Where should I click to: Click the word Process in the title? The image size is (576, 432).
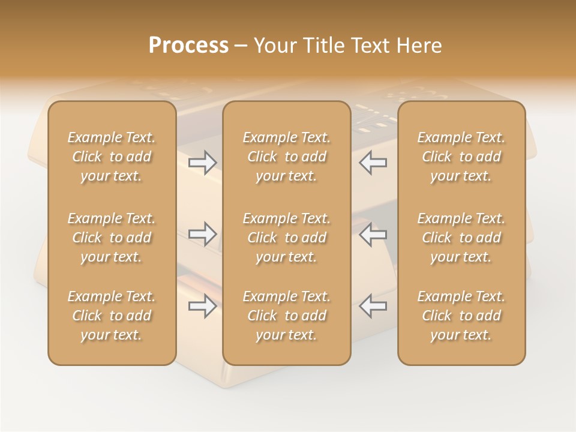(x=188, y=46)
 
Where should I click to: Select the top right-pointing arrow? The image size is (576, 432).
(x=203, y=162)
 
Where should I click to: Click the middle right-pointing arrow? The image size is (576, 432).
(x=203, y=233)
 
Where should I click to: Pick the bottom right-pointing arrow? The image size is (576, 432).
(x=203, y=305)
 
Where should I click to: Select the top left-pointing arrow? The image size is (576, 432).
(x=373, y=162)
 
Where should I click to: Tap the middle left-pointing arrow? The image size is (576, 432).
(x=373, y=233)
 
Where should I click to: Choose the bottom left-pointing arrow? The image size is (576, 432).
(x=373, y=305)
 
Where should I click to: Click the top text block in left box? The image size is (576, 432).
(x=112, y=157)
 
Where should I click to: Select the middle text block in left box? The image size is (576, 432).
(x=112, y=238)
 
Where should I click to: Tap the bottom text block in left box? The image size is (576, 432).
(x=112, y=316)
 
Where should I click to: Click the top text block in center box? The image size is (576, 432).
(x=287, y=157)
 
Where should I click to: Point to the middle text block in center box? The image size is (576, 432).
(x=287, y=238)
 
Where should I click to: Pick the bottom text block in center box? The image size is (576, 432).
(x=287, y=316)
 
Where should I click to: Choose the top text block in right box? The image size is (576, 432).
(x=461, y=157)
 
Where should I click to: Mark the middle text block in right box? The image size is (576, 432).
(x=461, y=238)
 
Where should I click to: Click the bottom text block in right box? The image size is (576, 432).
(x=461, y=316)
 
